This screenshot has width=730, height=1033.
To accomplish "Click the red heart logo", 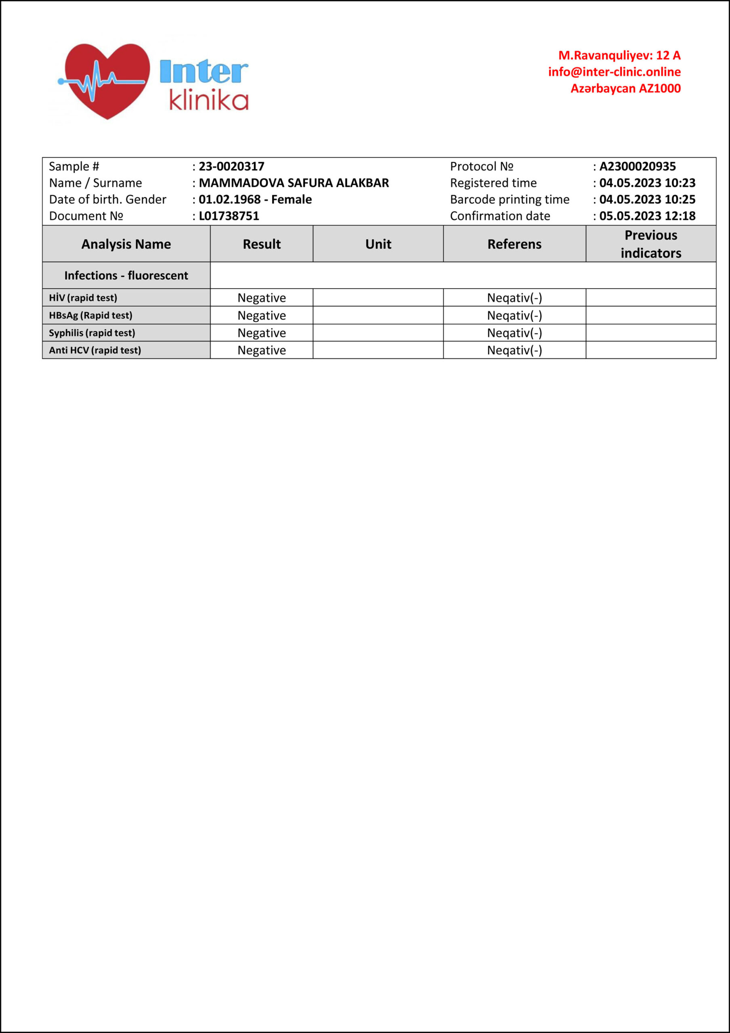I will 107,80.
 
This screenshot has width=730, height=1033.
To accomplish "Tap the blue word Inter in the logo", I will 203,72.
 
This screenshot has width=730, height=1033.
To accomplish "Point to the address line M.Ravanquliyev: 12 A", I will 619,55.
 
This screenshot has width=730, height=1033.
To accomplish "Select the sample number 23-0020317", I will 231,167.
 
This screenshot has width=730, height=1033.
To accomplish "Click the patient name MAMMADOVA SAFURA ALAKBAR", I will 294,183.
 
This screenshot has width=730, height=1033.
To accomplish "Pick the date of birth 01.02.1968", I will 229,199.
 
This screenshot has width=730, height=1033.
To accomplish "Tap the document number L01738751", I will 229,216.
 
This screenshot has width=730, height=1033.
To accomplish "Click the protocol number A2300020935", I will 637,167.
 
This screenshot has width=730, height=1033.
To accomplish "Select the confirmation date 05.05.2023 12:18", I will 647,216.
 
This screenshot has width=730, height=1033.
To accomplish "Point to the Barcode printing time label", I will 510,199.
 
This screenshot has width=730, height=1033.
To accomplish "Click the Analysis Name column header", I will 126,244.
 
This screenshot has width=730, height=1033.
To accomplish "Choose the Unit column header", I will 378,244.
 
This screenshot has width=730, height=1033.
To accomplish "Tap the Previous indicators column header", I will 651,244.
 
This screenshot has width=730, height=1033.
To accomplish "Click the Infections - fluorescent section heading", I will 126,275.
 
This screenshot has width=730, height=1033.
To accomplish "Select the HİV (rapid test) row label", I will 83,298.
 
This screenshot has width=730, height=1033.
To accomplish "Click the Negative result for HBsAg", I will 262,316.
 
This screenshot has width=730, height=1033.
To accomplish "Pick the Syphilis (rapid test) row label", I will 92,333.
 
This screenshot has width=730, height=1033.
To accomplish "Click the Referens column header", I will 514,244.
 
